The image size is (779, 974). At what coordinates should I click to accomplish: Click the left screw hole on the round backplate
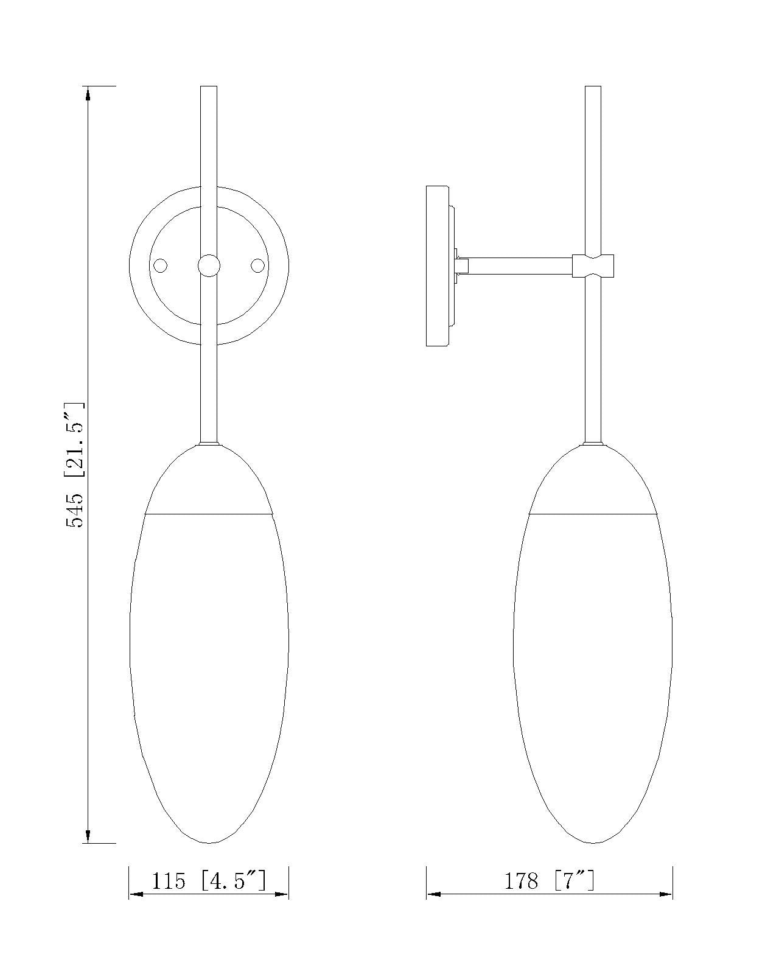(x=160, y=265)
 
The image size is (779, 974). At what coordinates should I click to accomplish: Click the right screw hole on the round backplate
(x=257, y=265)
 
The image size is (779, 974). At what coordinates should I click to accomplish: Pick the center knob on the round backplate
(x=209, y=265)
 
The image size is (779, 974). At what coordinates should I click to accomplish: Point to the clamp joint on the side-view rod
(x=593, y=265)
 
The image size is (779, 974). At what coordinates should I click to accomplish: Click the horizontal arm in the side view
(x=520, y=265)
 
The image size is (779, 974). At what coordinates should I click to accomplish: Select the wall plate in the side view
(x=438, y=266)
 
